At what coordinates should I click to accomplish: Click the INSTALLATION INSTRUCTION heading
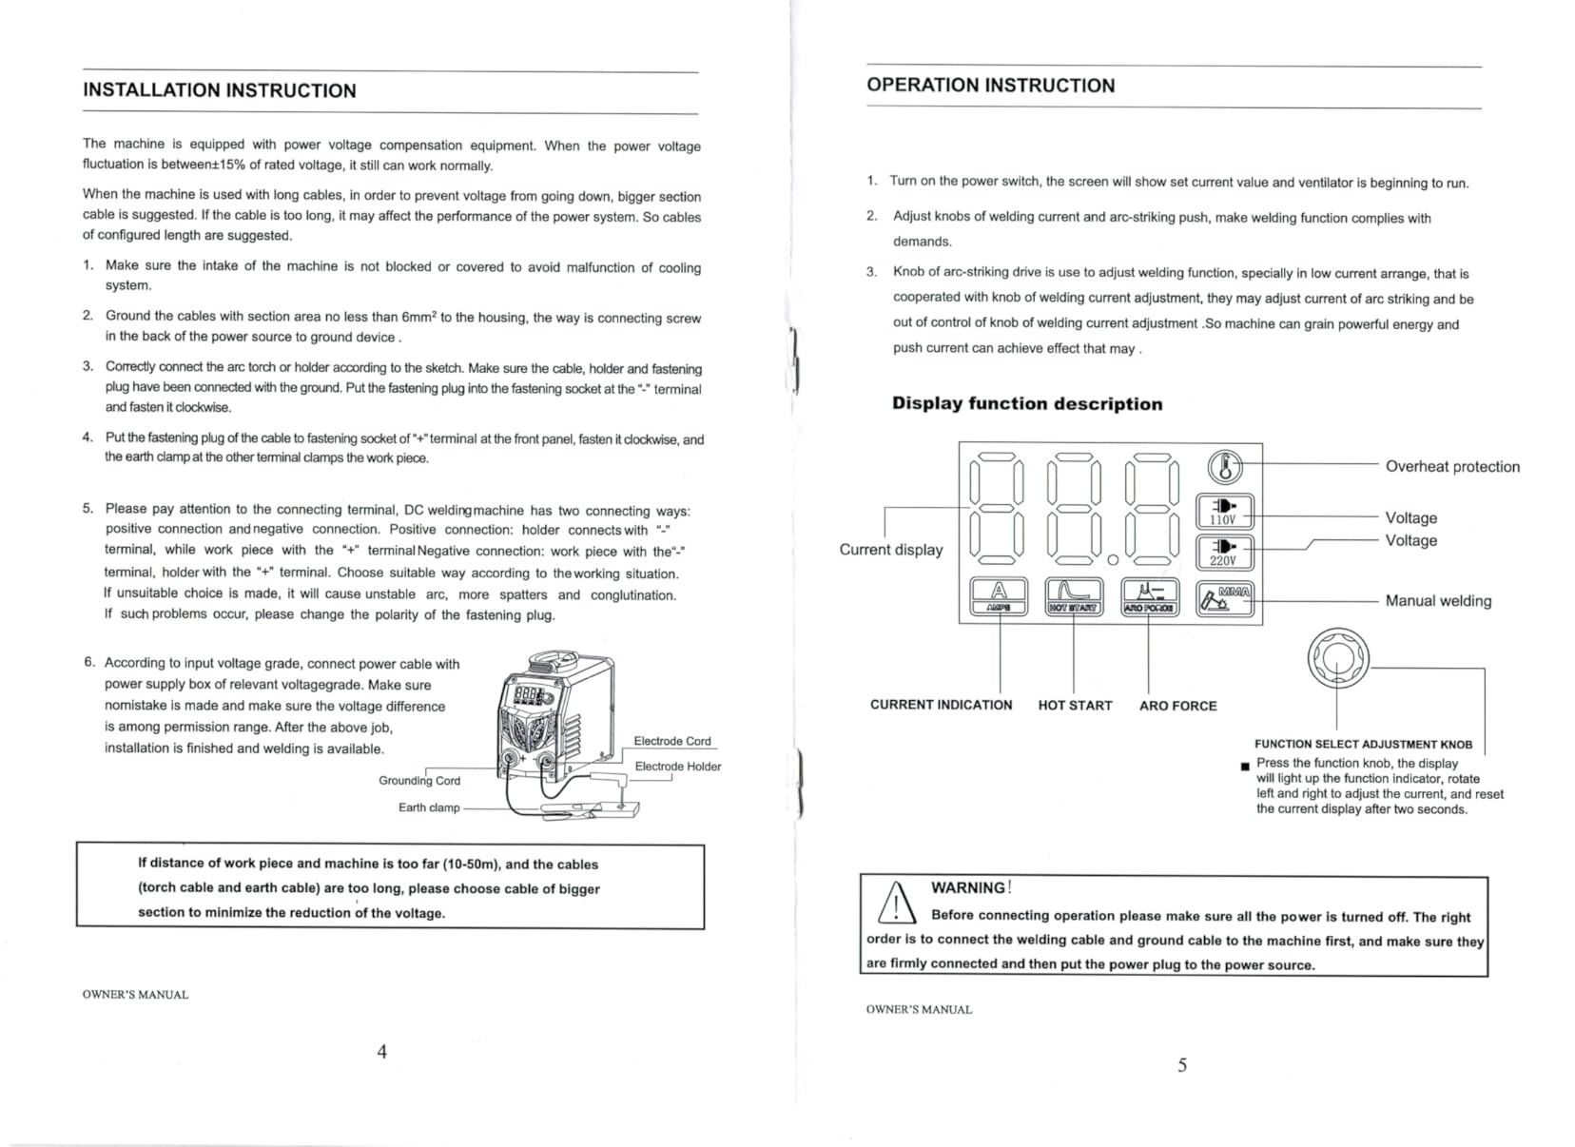coord(220,90)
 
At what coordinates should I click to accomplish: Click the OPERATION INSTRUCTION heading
coord(991,85)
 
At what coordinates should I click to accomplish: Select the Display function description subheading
coord(1027,403)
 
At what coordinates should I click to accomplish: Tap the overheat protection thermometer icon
coord(1226,466)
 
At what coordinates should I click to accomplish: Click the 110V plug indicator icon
coord(1225,512)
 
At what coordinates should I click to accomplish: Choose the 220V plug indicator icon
coord(1225,553)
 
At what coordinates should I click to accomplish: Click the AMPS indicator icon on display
coord(999,596)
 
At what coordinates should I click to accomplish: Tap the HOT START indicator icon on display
coord(1074,596)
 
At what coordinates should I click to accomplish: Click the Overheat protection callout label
coord(1452,467)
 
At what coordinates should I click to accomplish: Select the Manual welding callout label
coord(1438,600)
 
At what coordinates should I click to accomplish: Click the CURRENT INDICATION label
coord(942,705)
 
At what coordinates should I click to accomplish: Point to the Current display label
coord(891,550)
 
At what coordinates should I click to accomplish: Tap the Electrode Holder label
coord(678,767)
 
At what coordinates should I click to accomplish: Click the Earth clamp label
coord(429,807)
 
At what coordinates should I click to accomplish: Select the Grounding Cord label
coord(419,781)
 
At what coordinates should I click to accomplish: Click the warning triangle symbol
coord(897,903)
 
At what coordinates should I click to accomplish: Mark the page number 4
coord(381,1051)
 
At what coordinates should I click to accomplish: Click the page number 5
coord(1182,1065)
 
